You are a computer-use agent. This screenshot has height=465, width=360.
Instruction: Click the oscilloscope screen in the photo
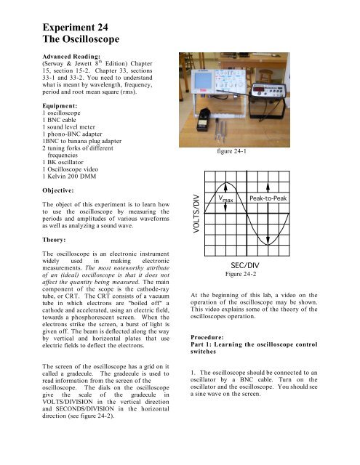pos(231,84)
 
